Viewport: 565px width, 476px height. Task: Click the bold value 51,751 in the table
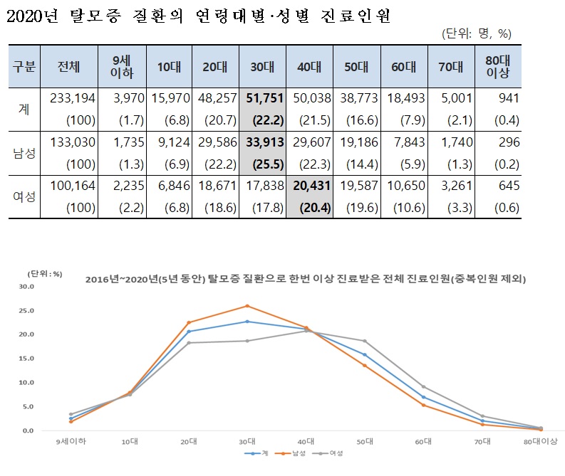click(263, 99)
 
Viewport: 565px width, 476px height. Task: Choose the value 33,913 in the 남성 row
click(263, 142)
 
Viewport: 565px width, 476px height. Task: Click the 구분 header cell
click(25, 66)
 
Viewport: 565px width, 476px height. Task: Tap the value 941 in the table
click(509, 99)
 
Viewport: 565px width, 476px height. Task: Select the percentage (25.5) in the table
click(264, 164)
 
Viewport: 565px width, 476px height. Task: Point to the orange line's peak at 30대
click(247, 306)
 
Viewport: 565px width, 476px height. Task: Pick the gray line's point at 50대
click(365, 341)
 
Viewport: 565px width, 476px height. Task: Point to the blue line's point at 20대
click(189, 332)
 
